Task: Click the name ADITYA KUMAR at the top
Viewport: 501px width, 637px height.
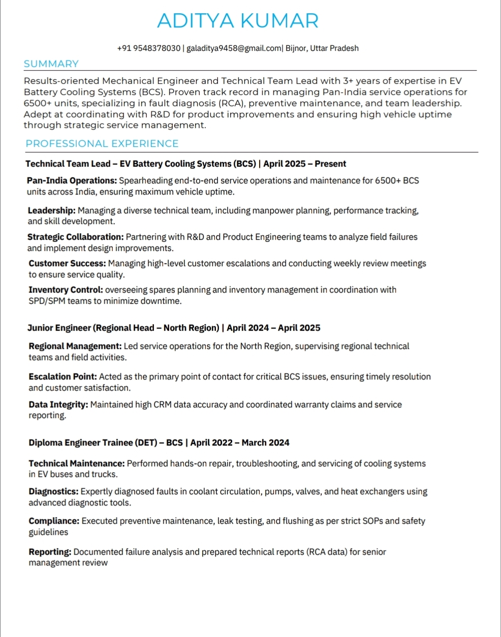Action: [238, 21]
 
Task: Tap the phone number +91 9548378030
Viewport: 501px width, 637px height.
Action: [148, 48]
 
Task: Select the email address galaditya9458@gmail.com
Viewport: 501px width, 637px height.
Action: [233, 48]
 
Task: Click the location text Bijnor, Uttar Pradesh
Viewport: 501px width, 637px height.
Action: [322, 48]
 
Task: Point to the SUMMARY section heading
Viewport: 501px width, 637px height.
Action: [51, 64]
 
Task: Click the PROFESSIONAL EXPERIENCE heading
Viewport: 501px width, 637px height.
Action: [102, 144]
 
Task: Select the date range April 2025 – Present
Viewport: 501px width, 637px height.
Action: [304, 164]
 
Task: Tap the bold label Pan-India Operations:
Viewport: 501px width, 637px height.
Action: [72, 181]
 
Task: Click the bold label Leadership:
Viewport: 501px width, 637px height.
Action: [51, 210]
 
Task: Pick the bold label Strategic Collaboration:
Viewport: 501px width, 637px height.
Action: [75, 237]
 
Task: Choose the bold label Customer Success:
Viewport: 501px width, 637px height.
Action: [67, 263]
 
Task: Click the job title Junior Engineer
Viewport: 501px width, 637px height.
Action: [59, 328]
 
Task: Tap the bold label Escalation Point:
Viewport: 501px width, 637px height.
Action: [62, 376]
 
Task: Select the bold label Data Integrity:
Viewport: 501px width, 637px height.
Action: [58, 404]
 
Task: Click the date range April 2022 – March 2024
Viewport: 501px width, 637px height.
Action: [239, 442]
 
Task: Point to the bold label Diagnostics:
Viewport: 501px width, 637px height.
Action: [53, 491]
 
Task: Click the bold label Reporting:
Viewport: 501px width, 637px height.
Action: [50, 552]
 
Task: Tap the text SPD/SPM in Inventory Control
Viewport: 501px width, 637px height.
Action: [47, 301]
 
